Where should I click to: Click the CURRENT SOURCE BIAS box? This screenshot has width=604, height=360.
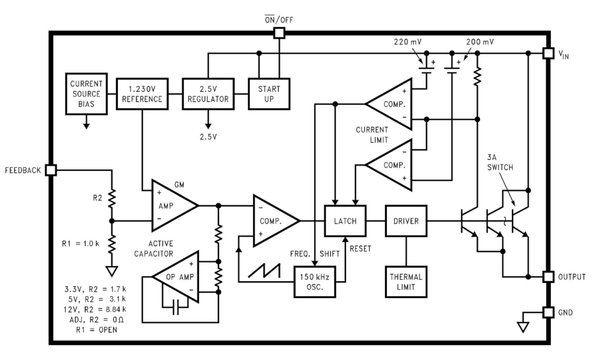click(x=86, y=94)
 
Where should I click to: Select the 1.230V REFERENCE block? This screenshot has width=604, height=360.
click(x=142, y=94)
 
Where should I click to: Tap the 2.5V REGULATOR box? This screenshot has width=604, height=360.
click(x=208, y=94)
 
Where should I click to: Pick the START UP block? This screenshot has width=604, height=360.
click(x=269, y=94)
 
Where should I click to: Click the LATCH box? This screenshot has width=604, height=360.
click(x=345, y=221)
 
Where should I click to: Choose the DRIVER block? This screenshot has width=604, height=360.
click(x=406, y=221)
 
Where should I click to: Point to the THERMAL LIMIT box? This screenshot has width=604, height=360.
click(x=406, y=282)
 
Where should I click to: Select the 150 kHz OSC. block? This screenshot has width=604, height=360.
click(x=315, y=282)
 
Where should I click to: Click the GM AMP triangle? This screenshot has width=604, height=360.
click(x=173, y=206)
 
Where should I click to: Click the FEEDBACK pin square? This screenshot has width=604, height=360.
click(x=51, y=170)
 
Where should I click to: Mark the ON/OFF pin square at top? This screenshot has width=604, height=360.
click(x=279, y=33)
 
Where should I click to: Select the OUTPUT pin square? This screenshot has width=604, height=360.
click(x=549, y=277)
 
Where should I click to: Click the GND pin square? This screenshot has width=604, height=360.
click(x=549, y=312)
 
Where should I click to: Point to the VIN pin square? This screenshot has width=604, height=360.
click(x=549, y=53)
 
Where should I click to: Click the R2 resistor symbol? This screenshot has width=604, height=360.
click(x=112, y=198)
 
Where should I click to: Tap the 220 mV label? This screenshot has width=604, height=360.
click(x=408, y=41)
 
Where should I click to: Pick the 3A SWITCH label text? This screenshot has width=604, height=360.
click(x=500, y=162)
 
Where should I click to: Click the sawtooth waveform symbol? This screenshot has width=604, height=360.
click(x=264, y=271)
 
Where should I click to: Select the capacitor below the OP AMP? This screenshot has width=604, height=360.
click(x=176, y=307)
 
